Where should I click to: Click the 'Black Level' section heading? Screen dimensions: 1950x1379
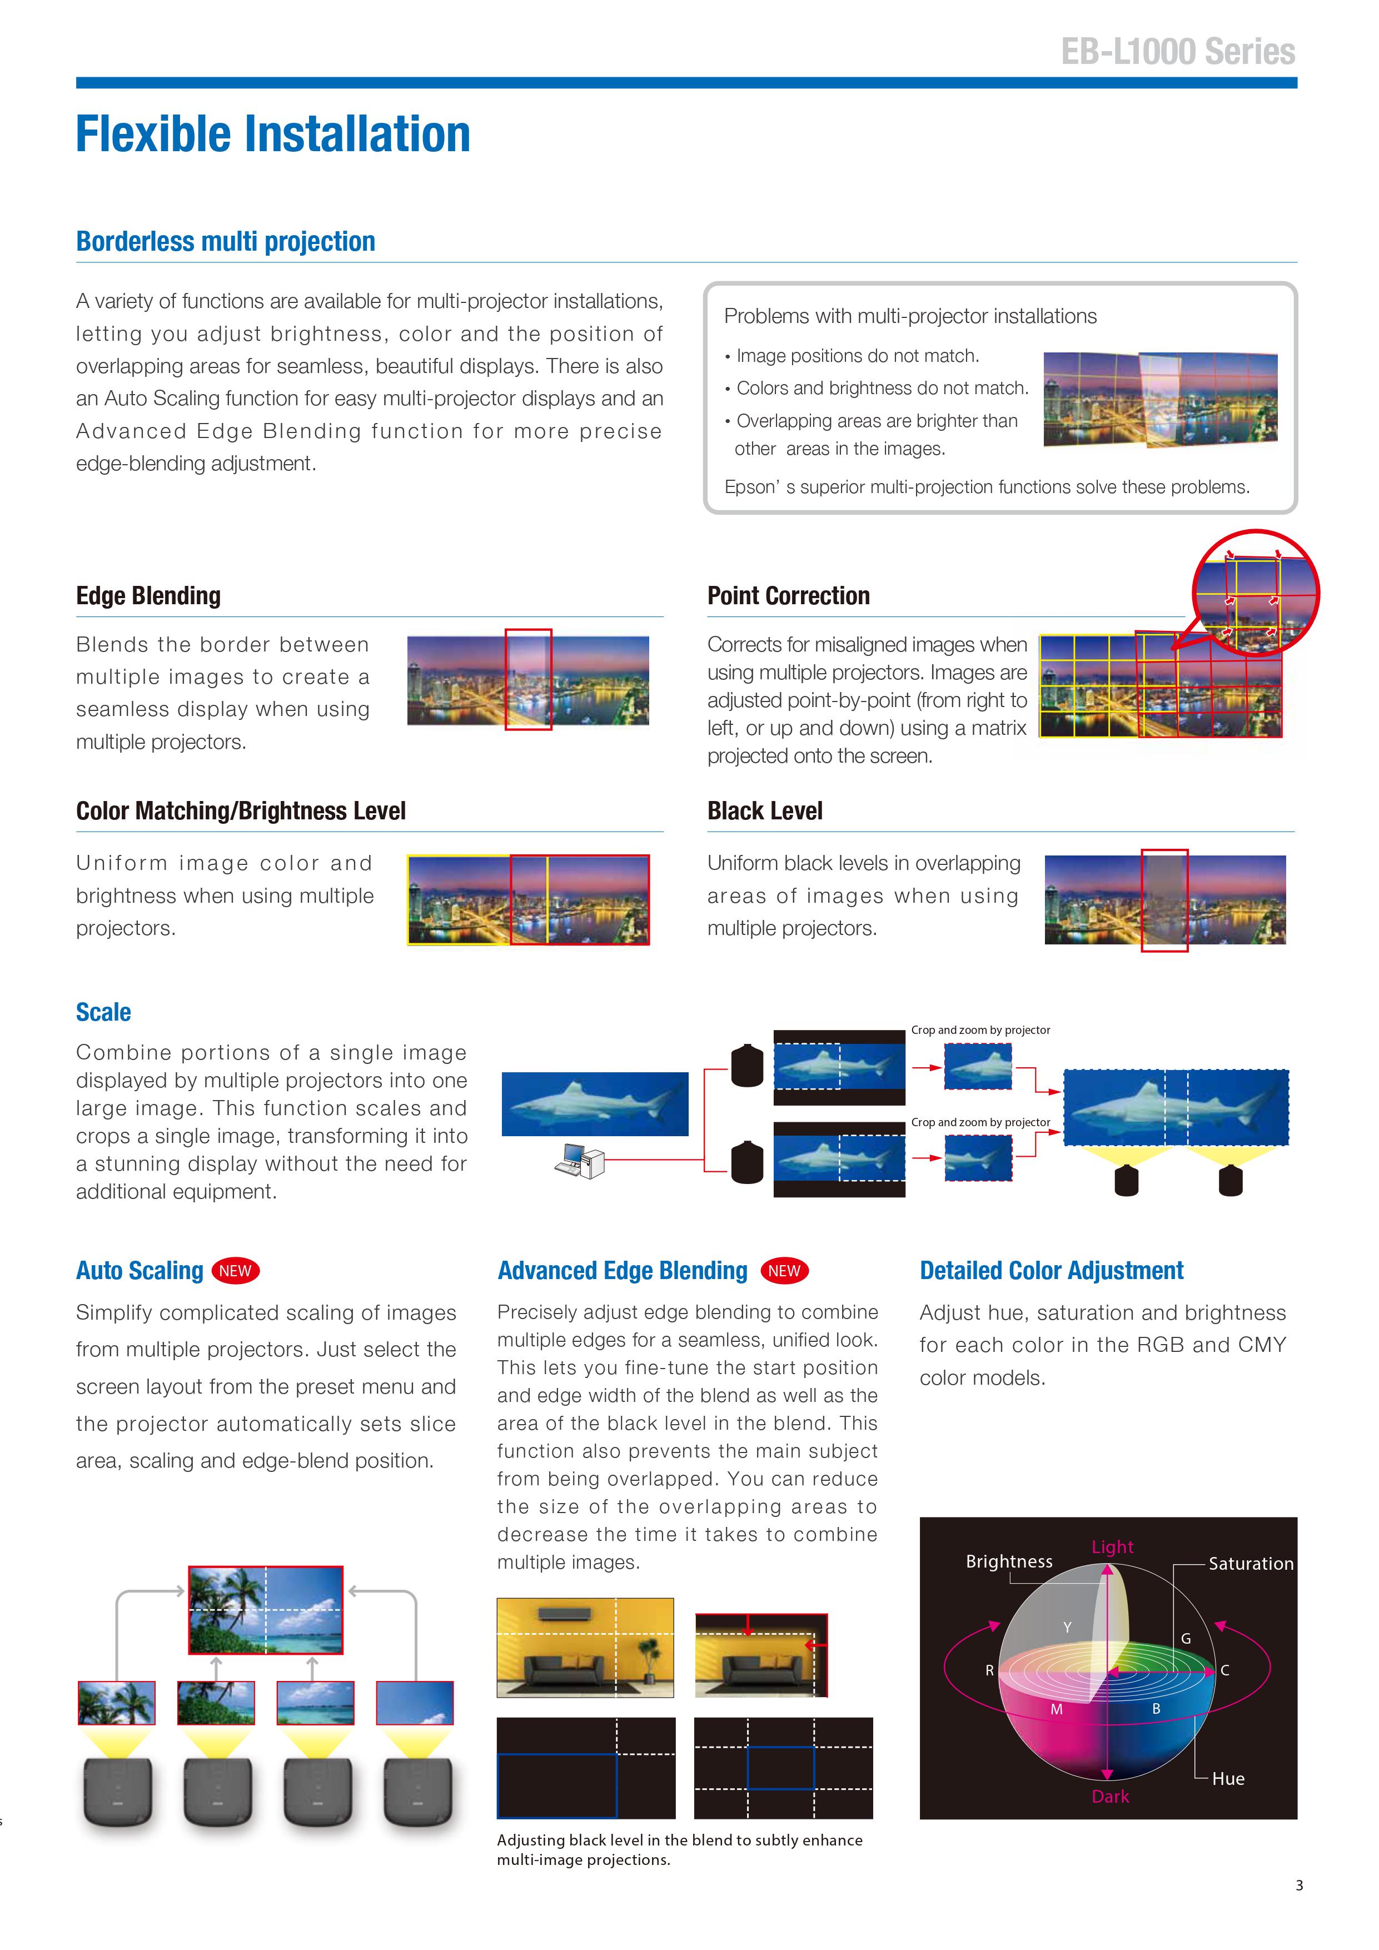pyautogui.click(x=764, y=811)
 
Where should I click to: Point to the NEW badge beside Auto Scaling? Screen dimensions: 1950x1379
pyautogui.click(x=235, y=1271)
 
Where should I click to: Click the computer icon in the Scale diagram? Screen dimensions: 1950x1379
pyautogui.click(x=579, y=1160)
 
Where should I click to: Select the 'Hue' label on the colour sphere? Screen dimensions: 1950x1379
pyautogui.click(x=1227, y=1778)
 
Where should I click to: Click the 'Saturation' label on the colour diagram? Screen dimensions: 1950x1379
pyautogui.click(x=1250, y=1564)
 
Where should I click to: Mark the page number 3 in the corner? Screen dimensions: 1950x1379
pyautogui.click(x=1298, y=1886)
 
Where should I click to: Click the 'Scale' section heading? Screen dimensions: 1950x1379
pyautogui.click(x=103, y=1012)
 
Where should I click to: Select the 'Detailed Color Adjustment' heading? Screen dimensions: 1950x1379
pyautogui.click(x=1051, y=1271)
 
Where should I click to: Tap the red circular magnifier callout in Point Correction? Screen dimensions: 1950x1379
pyautogui.click(x=1255, y=593)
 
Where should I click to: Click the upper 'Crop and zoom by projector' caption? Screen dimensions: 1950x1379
pyautogui.click(x=980, y=1030)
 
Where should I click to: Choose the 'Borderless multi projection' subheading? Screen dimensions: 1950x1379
pyautogui.click(x=226, y=242)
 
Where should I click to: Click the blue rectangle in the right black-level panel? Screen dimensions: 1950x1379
pyautogui.click(x=780, y=1768)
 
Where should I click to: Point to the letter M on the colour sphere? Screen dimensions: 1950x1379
pyautogui.click(x=1056, y=1709)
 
